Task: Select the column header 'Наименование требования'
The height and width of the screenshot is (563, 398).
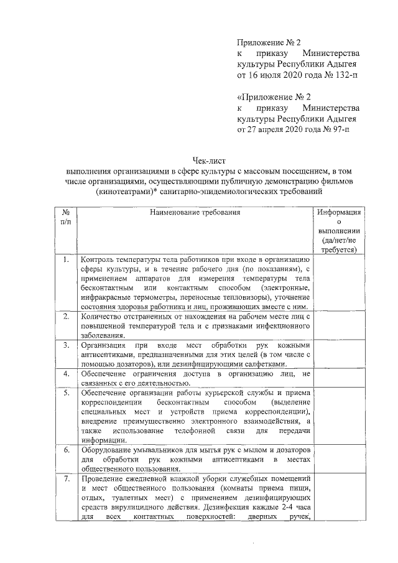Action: coord(194,213)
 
